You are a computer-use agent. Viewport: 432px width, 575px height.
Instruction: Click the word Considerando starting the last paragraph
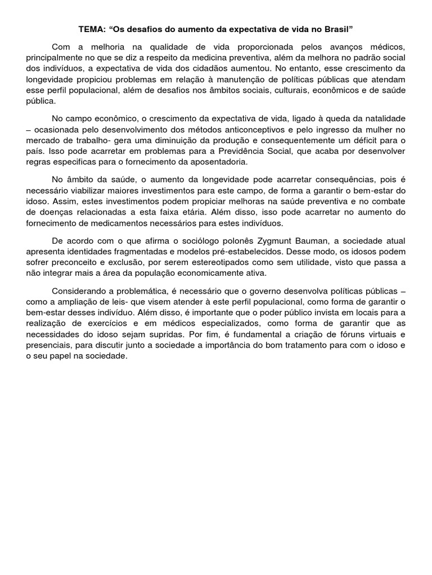[79, 291]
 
